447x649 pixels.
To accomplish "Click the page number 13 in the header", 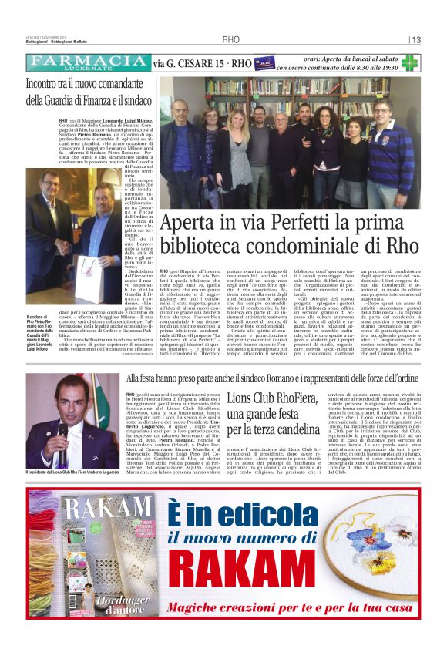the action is point(416,39).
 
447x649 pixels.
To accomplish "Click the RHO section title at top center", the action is point(230,39).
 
